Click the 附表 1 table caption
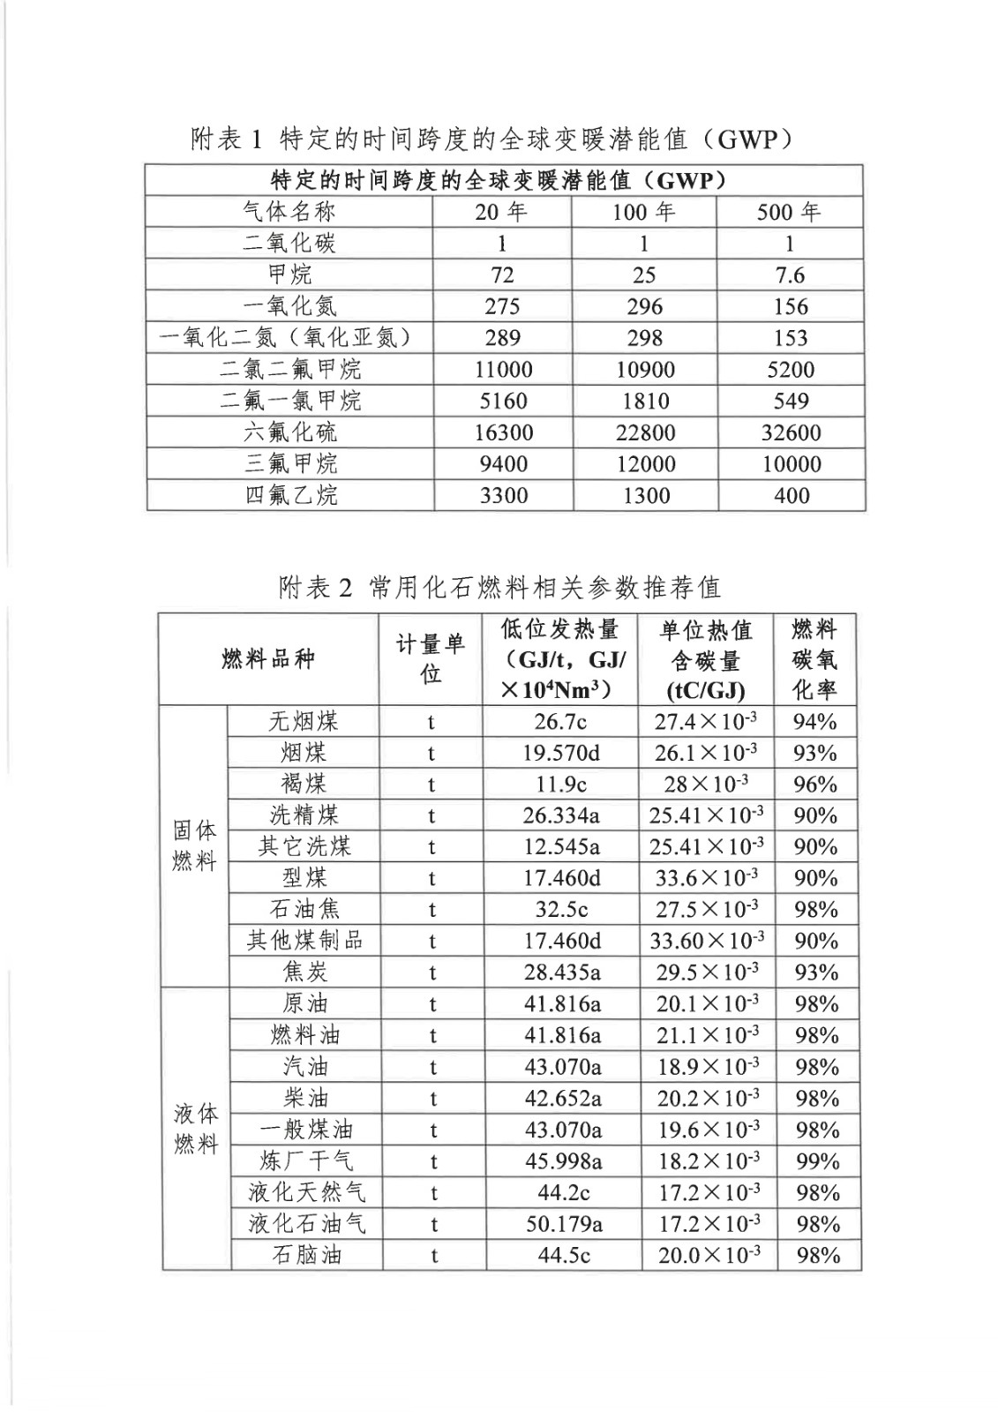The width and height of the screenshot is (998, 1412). click(491, 139)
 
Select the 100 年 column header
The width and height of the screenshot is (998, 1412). click(643, 212)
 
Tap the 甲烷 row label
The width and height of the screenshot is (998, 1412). click(289, 274)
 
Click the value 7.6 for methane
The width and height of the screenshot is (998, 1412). click(790, 275)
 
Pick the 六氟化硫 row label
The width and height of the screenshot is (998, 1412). click(290, 432)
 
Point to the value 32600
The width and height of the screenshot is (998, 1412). click(791, 432)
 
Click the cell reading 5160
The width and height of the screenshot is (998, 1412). click(503, 401)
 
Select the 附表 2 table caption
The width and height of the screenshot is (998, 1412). click(499, 587)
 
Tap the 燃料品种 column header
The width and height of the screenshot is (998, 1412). click(268, 658)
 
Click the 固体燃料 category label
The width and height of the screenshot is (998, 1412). click(194, 845)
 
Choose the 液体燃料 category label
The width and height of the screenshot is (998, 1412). click(196, 1128)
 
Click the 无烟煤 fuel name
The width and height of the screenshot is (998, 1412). click(304, 722)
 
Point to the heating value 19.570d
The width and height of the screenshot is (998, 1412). click(561, 753)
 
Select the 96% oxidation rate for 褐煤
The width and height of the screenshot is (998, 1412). click(815, 785)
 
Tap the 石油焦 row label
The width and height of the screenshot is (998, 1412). click(304, 909)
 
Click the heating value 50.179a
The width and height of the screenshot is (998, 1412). click(563, 1224)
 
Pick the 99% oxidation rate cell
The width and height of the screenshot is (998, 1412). click(817, 1161)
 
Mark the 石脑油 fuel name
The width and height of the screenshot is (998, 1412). click(306, 1255)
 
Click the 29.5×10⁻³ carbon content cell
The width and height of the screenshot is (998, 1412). click(707, 973)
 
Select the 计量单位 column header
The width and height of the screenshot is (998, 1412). click(430, 658)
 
